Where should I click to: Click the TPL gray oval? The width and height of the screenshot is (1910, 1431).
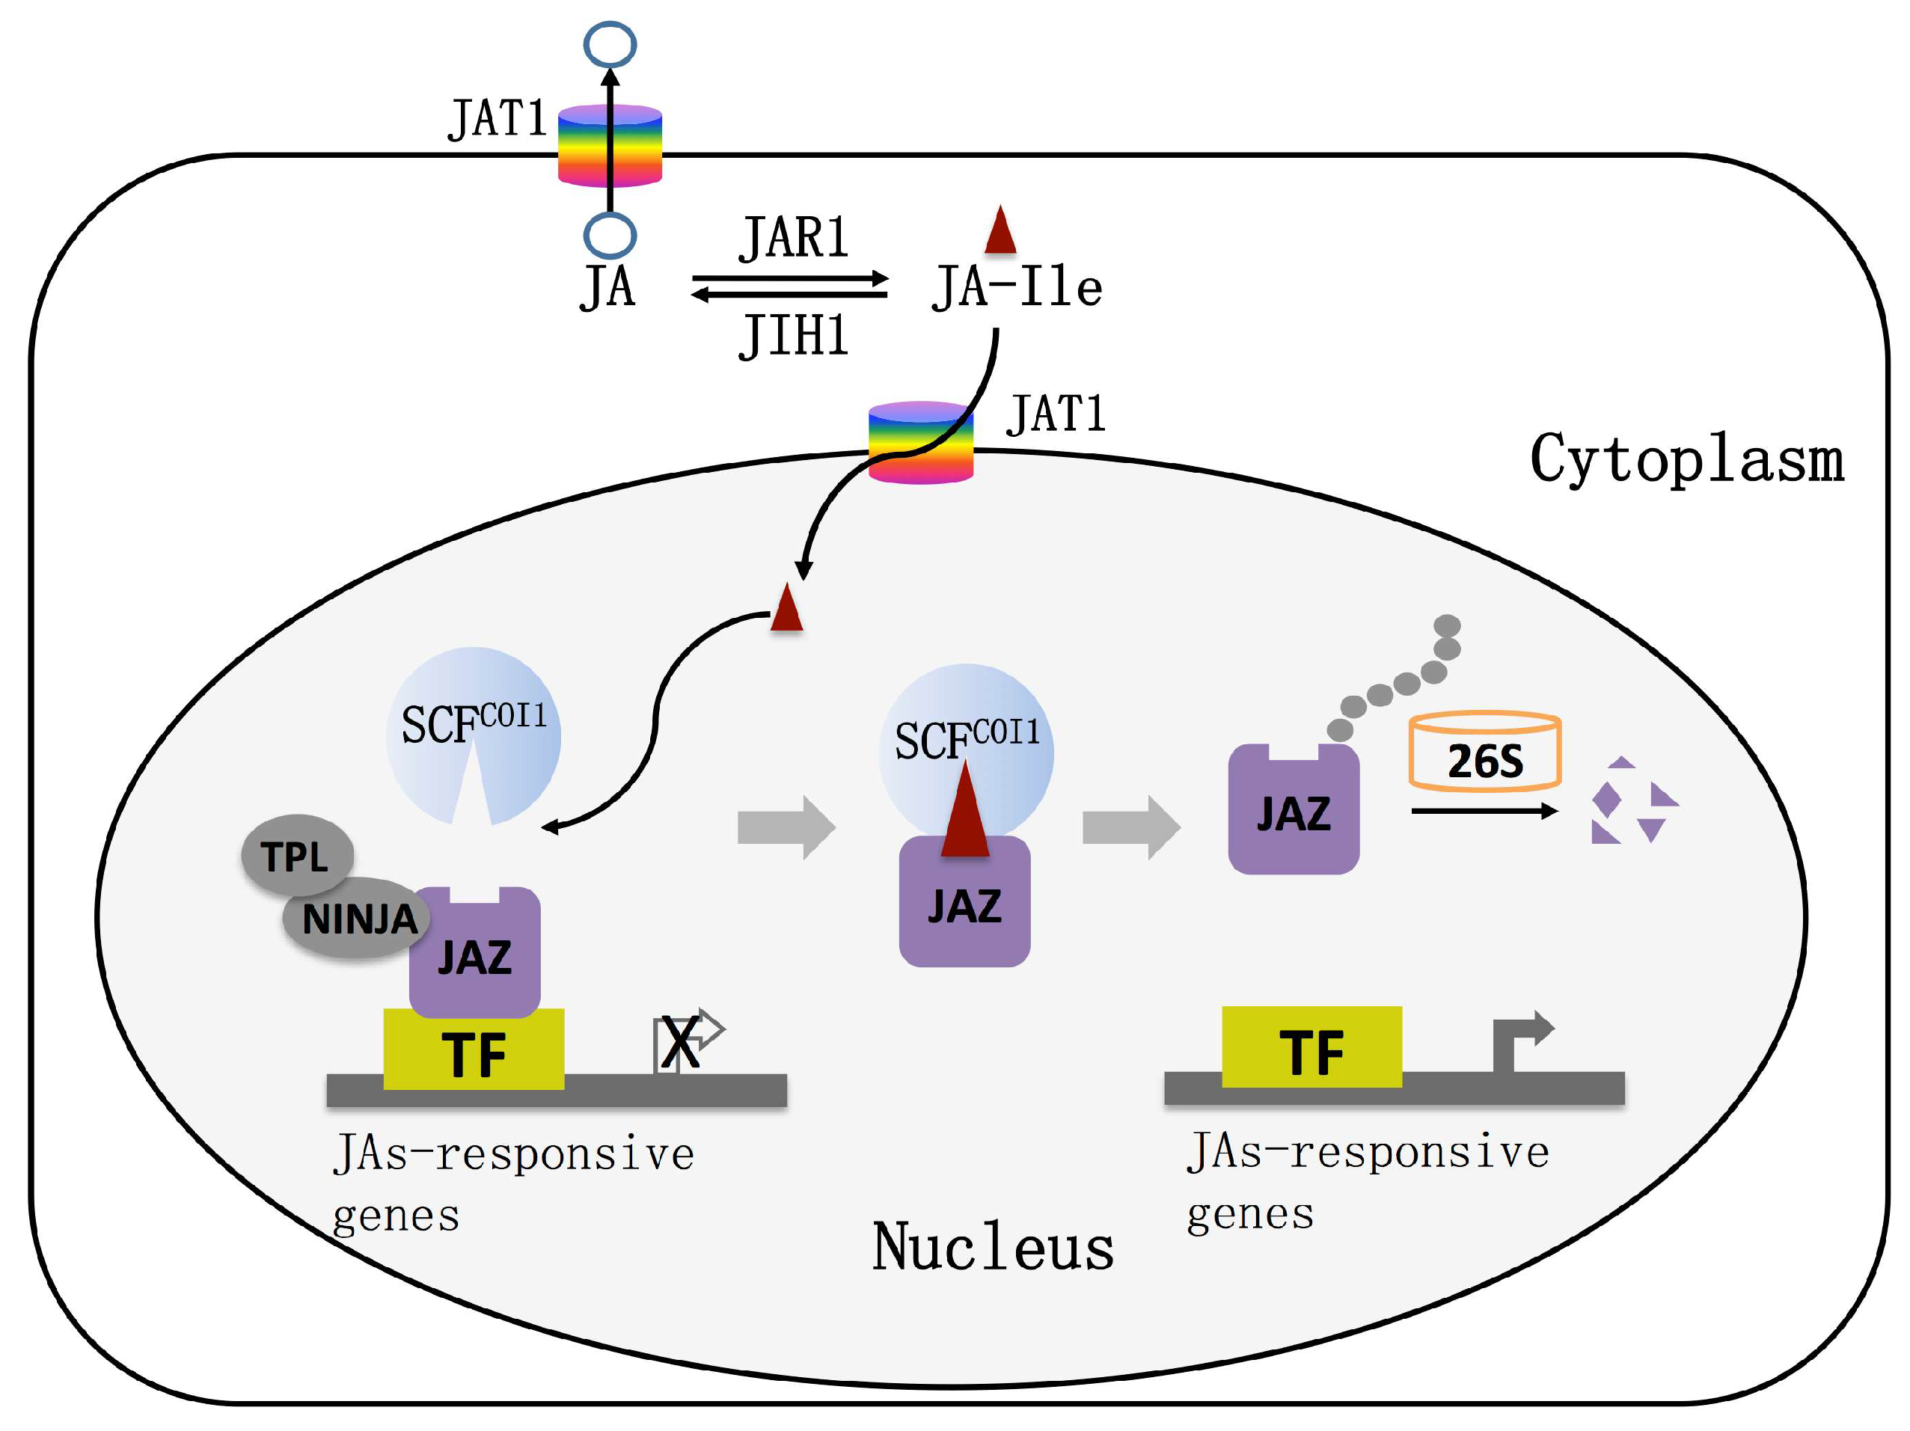pyautogui.click(x=296, y=855)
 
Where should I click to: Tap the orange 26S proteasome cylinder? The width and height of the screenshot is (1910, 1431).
pyautogui.click(x=1484, y=751)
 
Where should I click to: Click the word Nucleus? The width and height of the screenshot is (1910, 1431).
pyautogui.click(x=992, y=1247)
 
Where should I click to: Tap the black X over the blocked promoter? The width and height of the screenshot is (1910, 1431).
pyautogui.click(x=680, y=1044)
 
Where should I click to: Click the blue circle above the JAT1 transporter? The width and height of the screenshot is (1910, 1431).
pyautogui.click(x=610, y=45)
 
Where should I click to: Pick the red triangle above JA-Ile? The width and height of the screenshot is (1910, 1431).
pyautogui.click(x=1000, y=230)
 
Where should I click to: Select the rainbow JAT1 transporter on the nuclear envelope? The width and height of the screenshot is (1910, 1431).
pyautogui.click(x=920, y=442)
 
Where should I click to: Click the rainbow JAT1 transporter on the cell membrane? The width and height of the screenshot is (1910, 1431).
pyautogui.click(x=610, y=145)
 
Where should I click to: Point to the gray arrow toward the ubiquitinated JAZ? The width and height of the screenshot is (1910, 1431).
pyautogui.click(x=1130, y=827)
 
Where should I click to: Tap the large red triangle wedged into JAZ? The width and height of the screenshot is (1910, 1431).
pyautogui.click(x=964, y=812)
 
